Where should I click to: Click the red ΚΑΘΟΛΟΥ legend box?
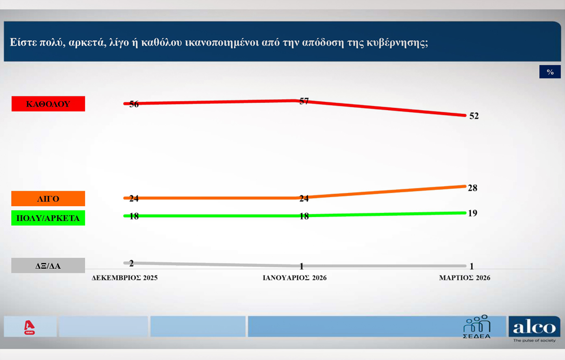pyautogui.click(x=48, y=104)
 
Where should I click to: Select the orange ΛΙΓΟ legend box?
pyautogui.click(x=48, y=199)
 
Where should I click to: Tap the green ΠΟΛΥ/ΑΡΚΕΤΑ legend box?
pyautogui.click(x=48, y=218)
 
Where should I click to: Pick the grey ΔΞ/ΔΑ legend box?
pyautogui.click(x=48, y=266)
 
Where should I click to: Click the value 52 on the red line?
pyautogui.click(x=474, y=116)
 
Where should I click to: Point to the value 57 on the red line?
pyautogui.click(x=304, y=101)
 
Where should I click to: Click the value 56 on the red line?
pyautogui.click(x=134, y=104)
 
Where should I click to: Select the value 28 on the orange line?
pyautogui.click(x=472, y=188)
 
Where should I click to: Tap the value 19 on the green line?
pyautogui.click(x=472, y=213)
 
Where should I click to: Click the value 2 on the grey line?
pyautogui.click(x=131, y=264)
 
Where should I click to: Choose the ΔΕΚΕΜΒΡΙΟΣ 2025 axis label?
pyautogui.click(x=124, y=278)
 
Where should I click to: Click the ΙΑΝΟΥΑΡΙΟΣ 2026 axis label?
pyautogui.click(x=295, y=278)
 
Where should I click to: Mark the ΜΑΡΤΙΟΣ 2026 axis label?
pyautogui.click(x=465, y=278)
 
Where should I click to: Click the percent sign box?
pyautogui.click(x=550, y=72)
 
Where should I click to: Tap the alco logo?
pyautogui.click(x=534, y=327)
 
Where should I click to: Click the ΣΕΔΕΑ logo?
pyautogui.click(x=477, y=327)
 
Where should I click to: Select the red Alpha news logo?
pyautogui.click(x=29, y=327)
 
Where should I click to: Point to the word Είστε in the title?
pyautogui.click(x=24, y=42)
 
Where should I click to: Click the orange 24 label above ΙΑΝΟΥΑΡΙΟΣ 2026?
pyautogui.click(x=304, y=199)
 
